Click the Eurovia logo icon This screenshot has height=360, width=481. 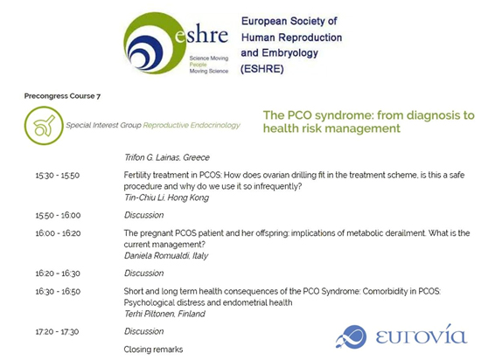tap(352, 336)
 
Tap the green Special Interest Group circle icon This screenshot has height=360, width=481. tap(44, 125)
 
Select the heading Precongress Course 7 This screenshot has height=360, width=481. tap(62, 96)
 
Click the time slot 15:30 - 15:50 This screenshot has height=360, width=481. tap(58, 176)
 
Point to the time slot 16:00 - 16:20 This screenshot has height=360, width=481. tap(58, 233)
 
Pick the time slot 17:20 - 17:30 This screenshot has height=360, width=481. tap(57, 332)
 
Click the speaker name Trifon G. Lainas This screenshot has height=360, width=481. tap(152, 157)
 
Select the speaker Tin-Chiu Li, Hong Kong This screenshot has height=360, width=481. tap(166, 197)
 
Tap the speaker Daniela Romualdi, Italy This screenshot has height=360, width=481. tap(166, 256)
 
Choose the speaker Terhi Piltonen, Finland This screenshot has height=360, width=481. tap(164, 314)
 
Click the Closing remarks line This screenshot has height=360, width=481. tap(153, 350)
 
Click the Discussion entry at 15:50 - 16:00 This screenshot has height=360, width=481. tap(144, 215)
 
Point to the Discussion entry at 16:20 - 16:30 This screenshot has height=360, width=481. tap(144, 273)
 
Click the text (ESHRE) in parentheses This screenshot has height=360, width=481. tap(262, 69)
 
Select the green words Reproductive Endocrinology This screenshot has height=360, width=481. tap(192, 125)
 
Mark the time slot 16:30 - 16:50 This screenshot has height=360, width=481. tap(58, 291)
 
